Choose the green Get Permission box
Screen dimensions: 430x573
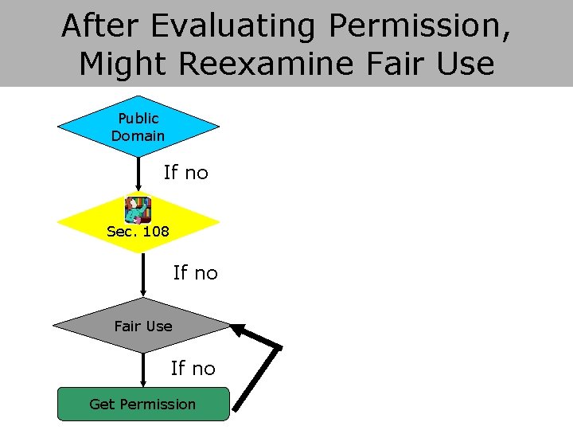(142, 404)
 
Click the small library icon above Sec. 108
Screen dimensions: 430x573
(138, 209)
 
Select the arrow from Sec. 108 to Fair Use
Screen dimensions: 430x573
(142, 275)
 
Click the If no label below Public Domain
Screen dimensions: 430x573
(185, 172)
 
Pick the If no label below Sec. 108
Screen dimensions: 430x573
(195, 273)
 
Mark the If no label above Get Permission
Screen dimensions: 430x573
(193, 368)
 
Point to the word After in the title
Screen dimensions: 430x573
(101, 25)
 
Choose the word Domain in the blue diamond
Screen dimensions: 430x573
(138, 136)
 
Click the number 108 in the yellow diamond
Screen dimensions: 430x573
(155, 232)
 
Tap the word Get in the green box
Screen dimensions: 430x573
(101, 404)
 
